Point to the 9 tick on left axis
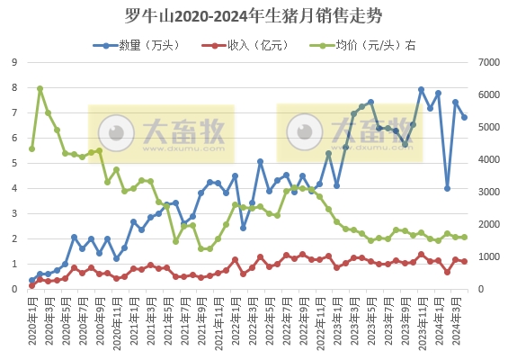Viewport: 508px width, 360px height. [13, 62]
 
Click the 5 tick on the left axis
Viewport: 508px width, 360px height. [13, 163]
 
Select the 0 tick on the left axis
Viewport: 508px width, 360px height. [13, 289]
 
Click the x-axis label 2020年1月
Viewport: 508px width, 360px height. [32, 319]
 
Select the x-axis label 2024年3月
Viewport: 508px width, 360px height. [456, 319]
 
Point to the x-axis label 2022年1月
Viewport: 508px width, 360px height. [235, 319]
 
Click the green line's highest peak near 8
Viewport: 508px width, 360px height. [40, 88]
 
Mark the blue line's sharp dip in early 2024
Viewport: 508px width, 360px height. [447, 188]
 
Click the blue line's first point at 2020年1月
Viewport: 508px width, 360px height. [32, 280]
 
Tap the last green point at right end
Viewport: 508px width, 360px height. [464, 237]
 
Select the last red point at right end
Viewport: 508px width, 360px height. [464, 262]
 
